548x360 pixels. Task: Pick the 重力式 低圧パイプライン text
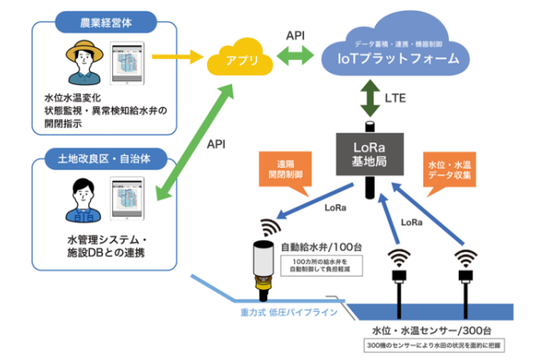pyautogui.click(x=283, y=313)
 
